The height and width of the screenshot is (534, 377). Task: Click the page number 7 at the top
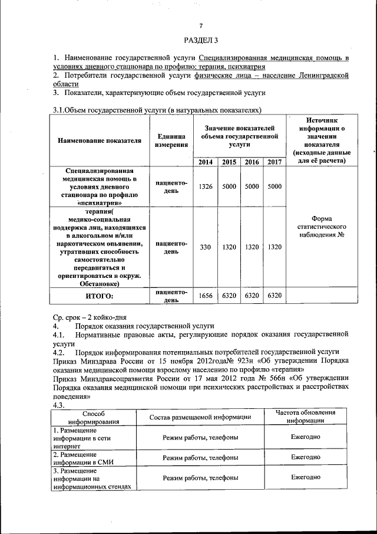click(x=201, y=26)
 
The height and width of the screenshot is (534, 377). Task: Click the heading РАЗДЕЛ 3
click(x=201, y=40)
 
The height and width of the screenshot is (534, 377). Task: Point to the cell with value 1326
click(x=206, y=186)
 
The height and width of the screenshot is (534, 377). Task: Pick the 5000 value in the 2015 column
click(x=229, y=186)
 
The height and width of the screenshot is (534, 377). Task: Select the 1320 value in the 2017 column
click(x=274, y=247)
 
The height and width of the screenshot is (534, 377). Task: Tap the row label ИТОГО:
click(x=99, y=296)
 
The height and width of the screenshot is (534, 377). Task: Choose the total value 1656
click(x=206, y=296)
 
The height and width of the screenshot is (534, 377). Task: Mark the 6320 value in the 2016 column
click(x=252, y=296)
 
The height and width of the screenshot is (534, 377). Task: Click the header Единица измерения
click(x=171, y=142)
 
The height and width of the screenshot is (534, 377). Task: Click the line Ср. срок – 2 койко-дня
click(x=89, y=317)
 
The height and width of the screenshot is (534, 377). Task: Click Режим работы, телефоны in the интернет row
click(x=200, y=437)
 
